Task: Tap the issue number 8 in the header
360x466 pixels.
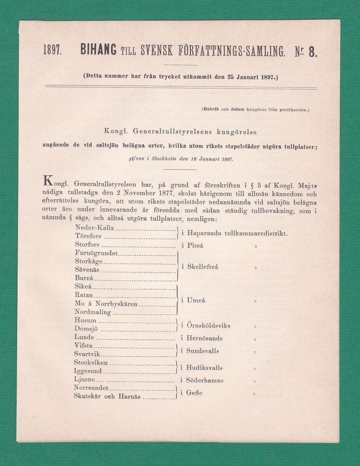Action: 313,51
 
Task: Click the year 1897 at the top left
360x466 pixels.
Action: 53,51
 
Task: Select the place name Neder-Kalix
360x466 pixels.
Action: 95,227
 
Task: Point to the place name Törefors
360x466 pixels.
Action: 90,236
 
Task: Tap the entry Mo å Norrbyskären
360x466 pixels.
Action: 106,303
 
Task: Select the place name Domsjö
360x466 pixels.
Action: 86,328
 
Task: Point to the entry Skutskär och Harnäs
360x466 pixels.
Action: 108,397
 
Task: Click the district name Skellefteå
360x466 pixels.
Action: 203,267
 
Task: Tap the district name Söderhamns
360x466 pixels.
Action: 206,380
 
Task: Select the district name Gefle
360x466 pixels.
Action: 195,392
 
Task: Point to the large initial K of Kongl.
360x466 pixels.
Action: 48,181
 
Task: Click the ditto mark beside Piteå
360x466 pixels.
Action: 255,246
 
